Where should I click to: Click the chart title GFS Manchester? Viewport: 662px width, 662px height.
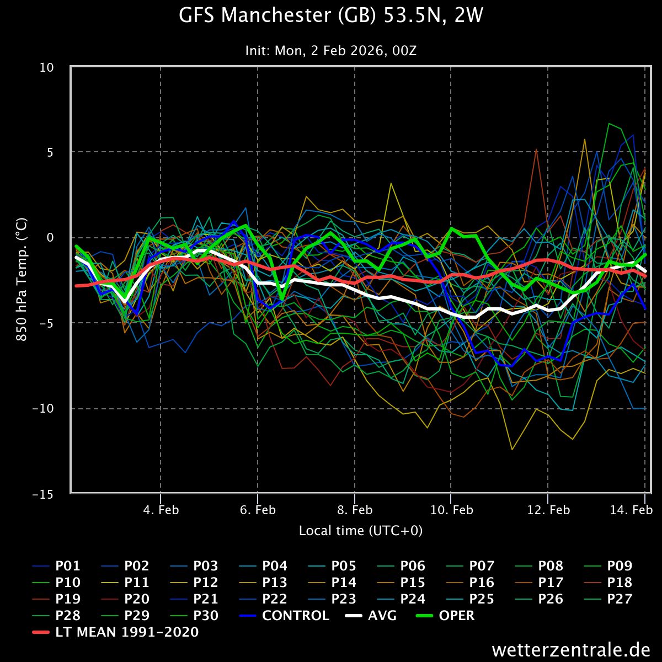pyautogui.click(x=331, y=16)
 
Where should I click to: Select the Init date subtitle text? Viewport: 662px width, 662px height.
pyautogui.click(x=331, y=51)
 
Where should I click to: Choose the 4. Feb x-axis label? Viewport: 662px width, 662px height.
pyautogui.click(x=161, y=510)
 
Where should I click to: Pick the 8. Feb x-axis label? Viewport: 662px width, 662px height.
pyautogui.click(x=354, y=510)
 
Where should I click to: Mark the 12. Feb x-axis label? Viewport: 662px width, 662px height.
pyautogui.click(x=548, y=510)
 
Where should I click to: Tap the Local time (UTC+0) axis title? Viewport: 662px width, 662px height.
pyautogui.click(x=361, y=531)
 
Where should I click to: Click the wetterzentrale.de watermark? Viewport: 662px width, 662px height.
pyautogui.click(x=571, y=649)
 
